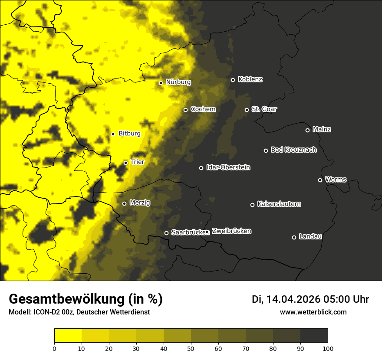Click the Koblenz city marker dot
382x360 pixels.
click(233, 80)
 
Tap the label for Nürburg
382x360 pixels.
click(178, 82)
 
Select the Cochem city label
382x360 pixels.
click(203, 109)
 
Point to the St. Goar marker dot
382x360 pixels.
click(247, 110)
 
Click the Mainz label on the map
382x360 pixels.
click(322, 129)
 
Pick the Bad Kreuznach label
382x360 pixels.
click(293, 150)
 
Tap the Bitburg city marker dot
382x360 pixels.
click(113, 134)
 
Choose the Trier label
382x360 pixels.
click(137, 162)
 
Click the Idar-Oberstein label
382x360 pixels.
click(228, 167)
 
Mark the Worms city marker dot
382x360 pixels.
click(320, 180)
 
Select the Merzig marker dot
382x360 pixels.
click(124, 203)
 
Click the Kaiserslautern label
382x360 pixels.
click(279, 204)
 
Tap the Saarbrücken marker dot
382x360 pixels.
click(166, 233)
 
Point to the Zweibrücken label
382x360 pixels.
click(231, 231)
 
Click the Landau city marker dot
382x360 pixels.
click(294, 237)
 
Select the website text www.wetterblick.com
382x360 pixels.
click(313, 312)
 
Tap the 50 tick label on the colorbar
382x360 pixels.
click(191, 348)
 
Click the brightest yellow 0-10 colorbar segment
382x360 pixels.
click(68, 336)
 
